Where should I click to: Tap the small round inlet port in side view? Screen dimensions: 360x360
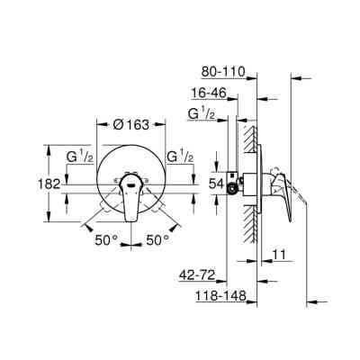pos(235,189)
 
